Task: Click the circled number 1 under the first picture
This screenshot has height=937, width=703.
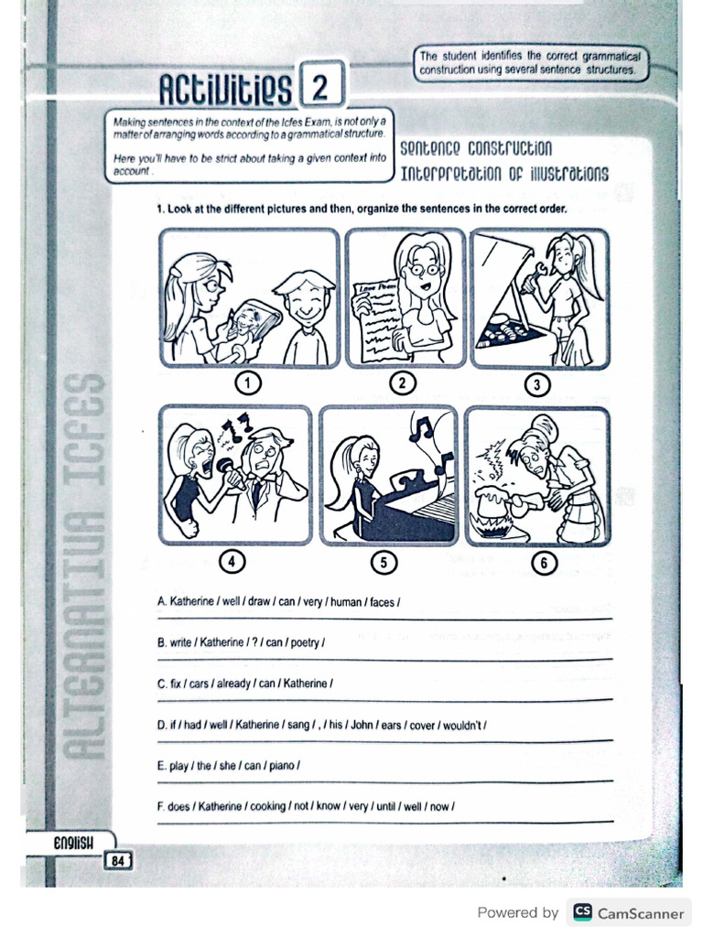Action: click(x=249, y=382)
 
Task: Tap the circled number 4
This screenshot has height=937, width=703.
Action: click(x=236, y=563)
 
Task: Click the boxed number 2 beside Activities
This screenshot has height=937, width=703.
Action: click(x=319, y=88)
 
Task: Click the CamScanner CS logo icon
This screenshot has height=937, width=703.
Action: click(x=582, y=912)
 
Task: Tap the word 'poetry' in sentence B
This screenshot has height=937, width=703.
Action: click(x=306, y=642)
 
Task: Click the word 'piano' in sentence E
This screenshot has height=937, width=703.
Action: click(x=285, y=765)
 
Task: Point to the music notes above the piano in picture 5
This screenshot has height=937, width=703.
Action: click(x=427, y=435)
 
